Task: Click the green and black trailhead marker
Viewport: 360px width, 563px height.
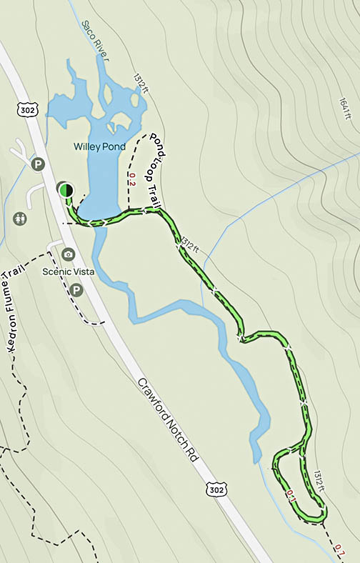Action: (65, 189)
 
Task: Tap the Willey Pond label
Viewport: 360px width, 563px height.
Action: (99, 147)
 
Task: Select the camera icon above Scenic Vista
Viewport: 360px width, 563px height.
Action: (69, 254)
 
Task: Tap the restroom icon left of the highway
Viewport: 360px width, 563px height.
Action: (19, 217)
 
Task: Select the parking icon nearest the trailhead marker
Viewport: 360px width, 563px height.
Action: (38, 165)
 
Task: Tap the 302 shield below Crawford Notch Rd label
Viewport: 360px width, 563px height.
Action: (215, 488)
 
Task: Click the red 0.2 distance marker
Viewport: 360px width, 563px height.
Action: (131, 179)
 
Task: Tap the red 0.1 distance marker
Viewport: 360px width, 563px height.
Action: (291, 495)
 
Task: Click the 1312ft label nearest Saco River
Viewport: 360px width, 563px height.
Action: (139, 84)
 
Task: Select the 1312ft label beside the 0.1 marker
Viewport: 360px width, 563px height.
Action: (319, 481)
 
